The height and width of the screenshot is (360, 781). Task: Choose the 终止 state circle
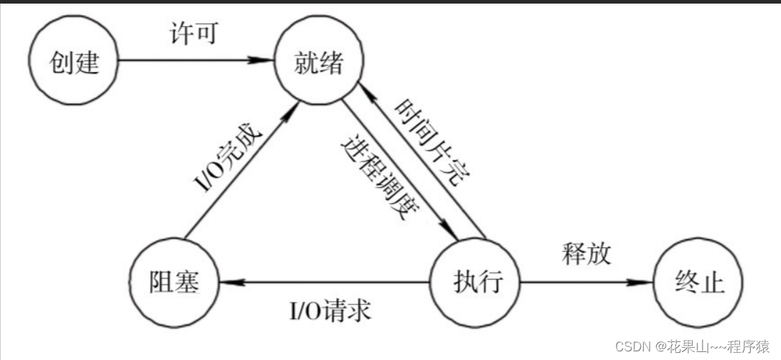pos(696,282)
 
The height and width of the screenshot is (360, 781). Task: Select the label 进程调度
pos(379,177)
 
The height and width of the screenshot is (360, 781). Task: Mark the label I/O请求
pos(330,310)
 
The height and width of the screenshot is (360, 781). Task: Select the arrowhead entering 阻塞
pos(228,282)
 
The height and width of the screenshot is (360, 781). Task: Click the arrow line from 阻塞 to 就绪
pos(237,176)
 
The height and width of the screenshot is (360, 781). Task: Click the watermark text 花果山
pos(674,346)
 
